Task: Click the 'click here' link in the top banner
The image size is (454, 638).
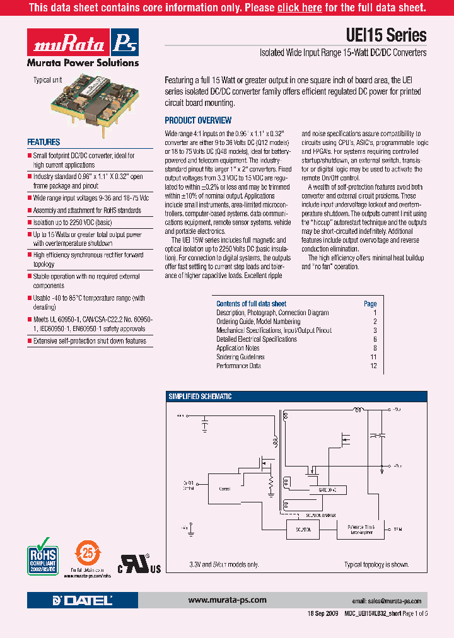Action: (300, 8)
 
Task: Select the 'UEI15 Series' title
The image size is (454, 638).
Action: (387, 35)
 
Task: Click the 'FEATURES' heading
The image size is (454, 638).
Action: (44, 142)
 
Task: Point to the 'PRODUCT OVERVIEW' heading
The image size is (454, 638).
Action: (198, 120)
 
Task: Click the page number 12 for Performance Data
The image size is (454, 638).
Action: (373, 366)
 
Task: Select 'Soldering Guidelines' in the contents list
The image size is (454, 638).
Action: (240, 357)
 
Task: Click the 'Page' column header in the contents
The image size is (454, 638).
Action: (370, 304)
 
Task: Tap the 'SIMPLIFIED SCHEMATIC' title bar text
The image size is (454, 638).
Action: (199, 397)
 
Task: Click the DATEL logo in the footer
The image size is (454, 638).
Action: (83, 600)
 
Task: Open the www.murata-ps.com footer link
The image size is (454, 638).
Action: (228, 600)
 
